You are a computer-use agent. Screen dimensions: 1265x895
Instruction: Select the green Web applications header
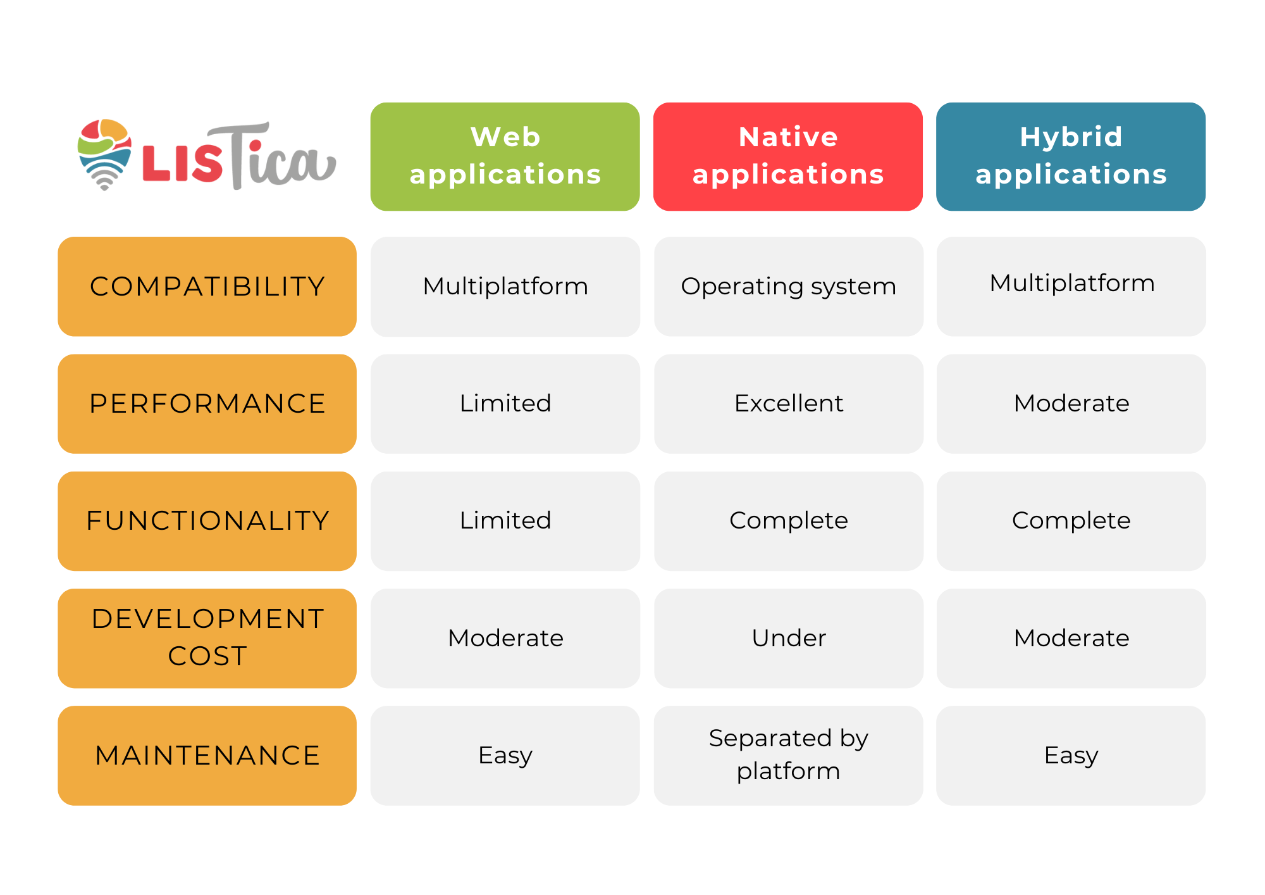pyautogui.click(x=505, y=156)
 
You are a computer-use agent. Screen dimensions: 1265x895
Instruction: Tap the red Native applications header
pyautogui.click(x=788, y=156)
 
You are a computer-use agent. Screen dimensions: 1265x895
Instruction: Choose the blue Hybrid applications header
pyautogui.click(x=1071, y=156)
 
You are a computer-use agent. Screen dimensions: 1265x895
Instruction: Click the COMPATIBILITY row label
pyautogui.click(x=207, y=286)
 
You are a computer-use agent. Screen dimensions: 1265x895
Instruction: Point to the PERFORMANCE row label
pyautogui.click(x=207, y=404)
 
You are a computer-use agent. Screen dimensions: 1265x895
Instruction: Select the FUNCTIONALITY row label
pyautogui.click(x=207, y=521)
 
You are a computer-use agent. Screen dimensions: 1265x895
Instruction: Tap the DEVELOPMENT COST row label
pyautogui.click(x=207, y=638)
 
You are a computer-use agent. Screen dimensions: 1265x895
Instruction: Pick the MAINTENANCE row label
pyautogui.click(x=207, y=756)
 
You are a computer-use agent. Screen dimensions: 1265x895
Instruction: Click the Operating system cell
pyautogui.click(x=788, y=286)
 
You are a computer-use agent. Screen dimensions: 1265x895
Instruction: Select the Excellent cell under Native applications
pyautogui.click(x=788, y=404)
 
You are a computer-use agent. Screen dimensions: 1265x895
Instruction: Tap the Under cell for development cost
pyautogui.click(x=788, y=638)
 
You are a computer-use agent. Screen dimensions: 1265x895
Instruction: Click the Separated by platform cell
pyautogui.click(x=788, y=756)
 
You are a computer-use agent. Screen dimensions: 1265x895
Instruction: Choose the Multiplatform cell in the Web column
pyautogui.click(x=505, y=286)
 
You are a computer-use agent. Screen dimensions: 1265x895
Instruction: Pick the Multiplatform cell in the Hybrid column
pyautogui.click(x=1071, y=286)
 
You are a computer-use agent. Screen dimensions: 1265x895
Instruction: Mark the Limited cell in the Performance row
pyautogui.click(x=505, y=404)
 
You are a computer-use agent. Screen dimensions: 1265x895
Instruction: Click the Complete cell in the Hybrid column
pyautogui.click(x=1071, y=521)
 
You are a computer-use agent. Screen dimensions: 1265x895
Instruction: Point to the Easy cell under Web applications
pyautogui.click(x=505, y=756)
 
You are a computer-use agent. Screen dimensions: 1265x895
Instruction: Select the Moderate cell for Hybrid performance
pyautogui.click(x=1071, y=404)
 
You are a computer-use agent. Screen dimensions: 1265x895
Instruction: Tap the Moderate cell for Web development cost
pyautogui.click(x=505, y=638)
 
